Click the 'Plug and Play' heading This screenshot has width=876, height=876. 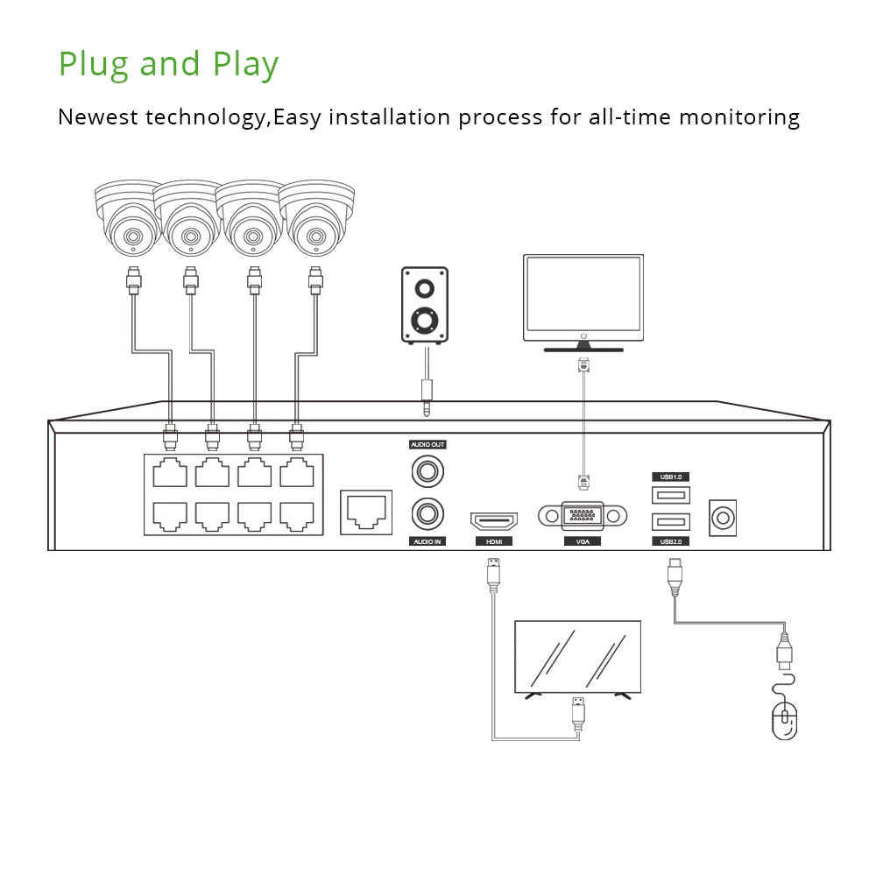click(168, 65)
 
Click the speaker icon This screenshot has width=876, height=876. click(425, 305)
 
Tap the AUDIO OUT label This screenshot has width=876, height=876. click(428, 445)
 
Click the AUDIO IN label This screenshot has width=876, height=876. click(428, 542)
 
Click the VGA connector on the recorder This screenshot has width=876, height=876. click(583, 516)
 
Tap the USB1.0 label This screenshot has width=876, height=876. click(671, 477)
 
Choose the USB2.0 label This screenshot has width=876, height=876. click(671, 542)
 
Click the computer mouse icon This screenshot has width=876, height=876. click(785, 718)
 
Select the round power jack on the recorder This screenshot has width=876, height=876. click(723, 518)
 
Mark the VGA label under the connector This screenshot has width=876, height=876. click(583, 542)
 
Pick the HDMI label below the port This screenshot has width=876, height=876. click(494, 542)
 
